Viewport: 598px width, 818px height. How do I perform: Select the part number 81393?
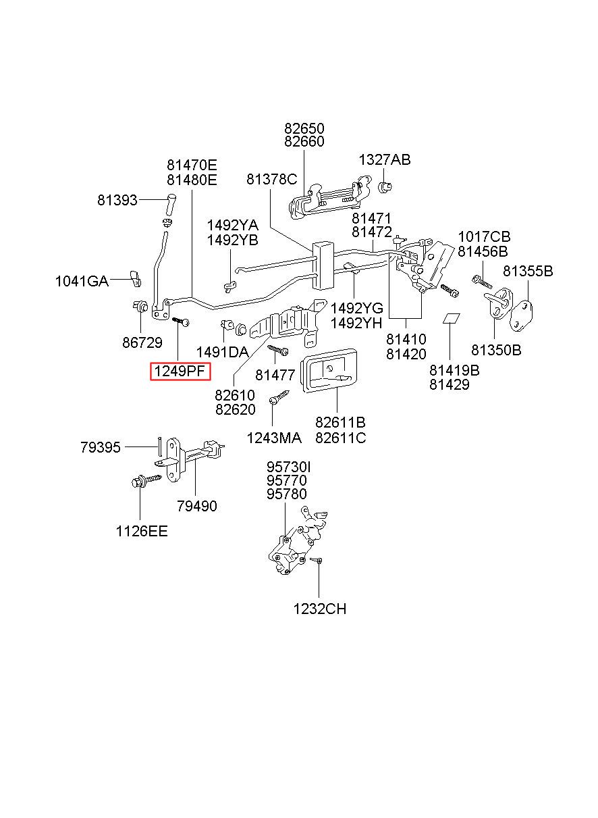pyautogui.click(x=117, y=200)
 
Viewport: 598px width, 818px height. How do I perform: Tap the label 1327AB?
pyautogui.click(x=384, y=160)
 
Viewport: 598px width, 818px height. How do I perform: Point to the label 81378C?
pyautogui.click(x=271, y=179)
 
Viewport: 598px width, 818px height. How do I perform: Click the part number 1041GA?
pyautogui.click(x=82, y=282)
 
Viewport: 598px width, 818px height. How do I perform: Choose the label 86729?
pyautogui.click(x=142, y=342)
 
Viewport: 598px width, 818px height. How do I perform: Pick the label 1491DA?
pyautogui.click(x=222, y=352)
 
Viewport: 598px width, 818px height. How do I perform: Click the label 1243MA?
pyautogui.click(x=274, y=438)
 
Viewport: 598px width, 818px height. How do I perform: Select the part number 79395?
pyautogui.click(x=100, y=447)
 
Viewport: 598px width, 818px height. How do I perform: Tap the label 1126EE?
pyautogui.click(x=141, y=531)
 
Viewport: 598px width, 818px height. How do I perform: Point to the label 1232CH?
pyautogui.click(x=319, y=609)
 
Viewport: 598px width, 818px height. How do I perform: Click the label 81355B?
pyautogui.click(x=528, y=272)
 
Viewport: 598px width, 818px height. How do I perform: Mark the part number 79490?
pyautogui.click(x=197, y=506)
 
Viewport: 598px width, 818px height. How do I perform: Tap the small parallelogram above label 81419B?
pyautogui.click(x=451, y=318)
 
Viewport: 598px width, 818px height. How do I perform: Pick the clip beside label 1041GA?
pyautogui.click(x=134, y=276)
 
